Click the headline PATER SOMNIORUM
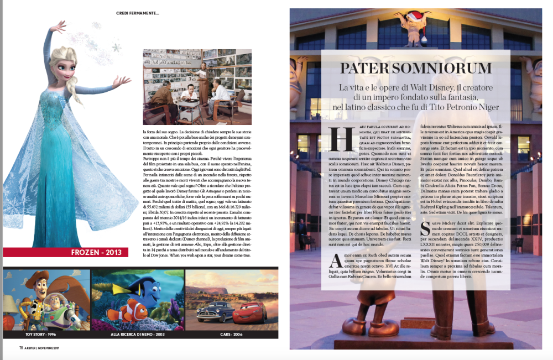coord(415,69)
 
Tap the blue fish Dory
coord(149,291)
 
